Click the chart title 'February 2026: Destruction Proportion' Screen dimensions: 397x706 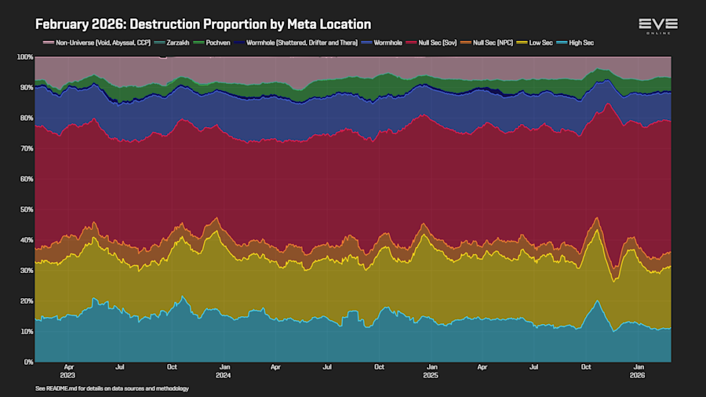tap(203, 25)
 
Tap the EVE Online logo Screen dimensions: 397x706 tap(657, 25)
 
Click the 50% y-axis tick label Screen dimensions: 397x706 tap(26, 209)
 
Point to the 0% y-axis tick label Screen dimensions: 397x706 tap(28, 362)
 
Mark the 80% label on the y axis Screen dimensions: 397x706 tap(26, 118)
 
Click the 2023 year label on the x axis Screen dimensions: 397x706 tap(69, 374)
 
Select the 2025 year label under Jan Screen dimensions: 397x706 tap(431, 374)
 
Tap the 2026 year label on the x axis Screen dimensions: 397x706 tap(639, 374)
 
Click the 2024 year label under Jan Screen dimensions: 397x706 tap(224, 374)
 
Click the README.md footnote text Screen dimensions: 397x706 tap(112, 388)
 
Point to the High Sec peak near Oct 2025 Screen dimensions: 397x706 tap(597, 302)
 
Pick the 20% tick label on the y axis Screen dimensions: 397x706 tap(26, 301)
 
